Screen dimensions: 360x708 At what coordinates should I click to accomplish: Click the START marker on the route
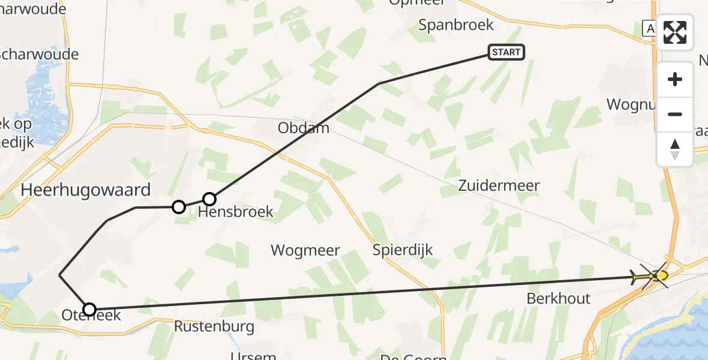click(506, 52)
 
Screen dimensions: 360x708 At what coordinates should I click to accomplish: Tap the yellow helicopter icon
click(652, 276)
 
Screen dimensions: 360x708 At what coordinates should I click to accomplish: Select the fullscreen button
click(675, 32)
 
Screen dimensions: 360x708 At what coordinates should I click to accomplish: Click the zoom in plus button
click(675, 79)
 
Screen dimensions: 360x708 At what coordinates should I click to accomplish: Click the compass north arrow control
click(675, 149)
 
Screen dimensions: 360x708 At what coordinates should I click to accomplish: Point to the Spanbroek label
click(456, 25)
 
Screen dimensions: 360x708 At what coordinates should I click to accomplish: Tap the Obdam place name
click(304, 128)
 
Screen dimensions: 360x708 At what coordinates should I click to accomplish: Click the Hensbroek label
click(236, 212)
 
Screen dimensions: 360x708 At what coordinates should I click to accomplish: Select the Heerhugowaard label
click(86, 190)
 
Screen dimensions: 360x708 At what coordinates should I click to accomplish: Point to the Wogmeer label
click(305, 250)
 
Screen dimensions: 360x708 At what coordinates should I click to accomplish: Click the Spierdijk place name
click(402, 250)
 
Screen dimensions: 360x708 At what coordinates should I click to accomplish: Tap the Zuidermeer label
click(499, 185)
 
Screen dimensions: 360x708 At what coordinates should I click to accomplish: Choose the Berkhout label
click(559, 298)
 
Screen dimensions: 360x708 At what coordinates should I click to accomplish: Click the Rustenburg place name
click(214, 327)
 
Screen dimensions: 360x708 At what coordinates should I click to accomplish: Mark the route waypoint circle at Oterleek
click(89, 310)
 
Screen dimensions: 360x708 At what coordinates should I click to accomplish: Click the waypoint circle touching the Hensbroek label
click(209, 199)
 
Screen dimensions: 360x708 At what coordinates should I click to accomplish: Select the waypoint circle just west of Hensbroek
click(178, 207)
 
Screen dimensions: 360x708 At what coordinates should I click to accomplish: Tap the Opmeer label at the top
click(418, 2)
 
